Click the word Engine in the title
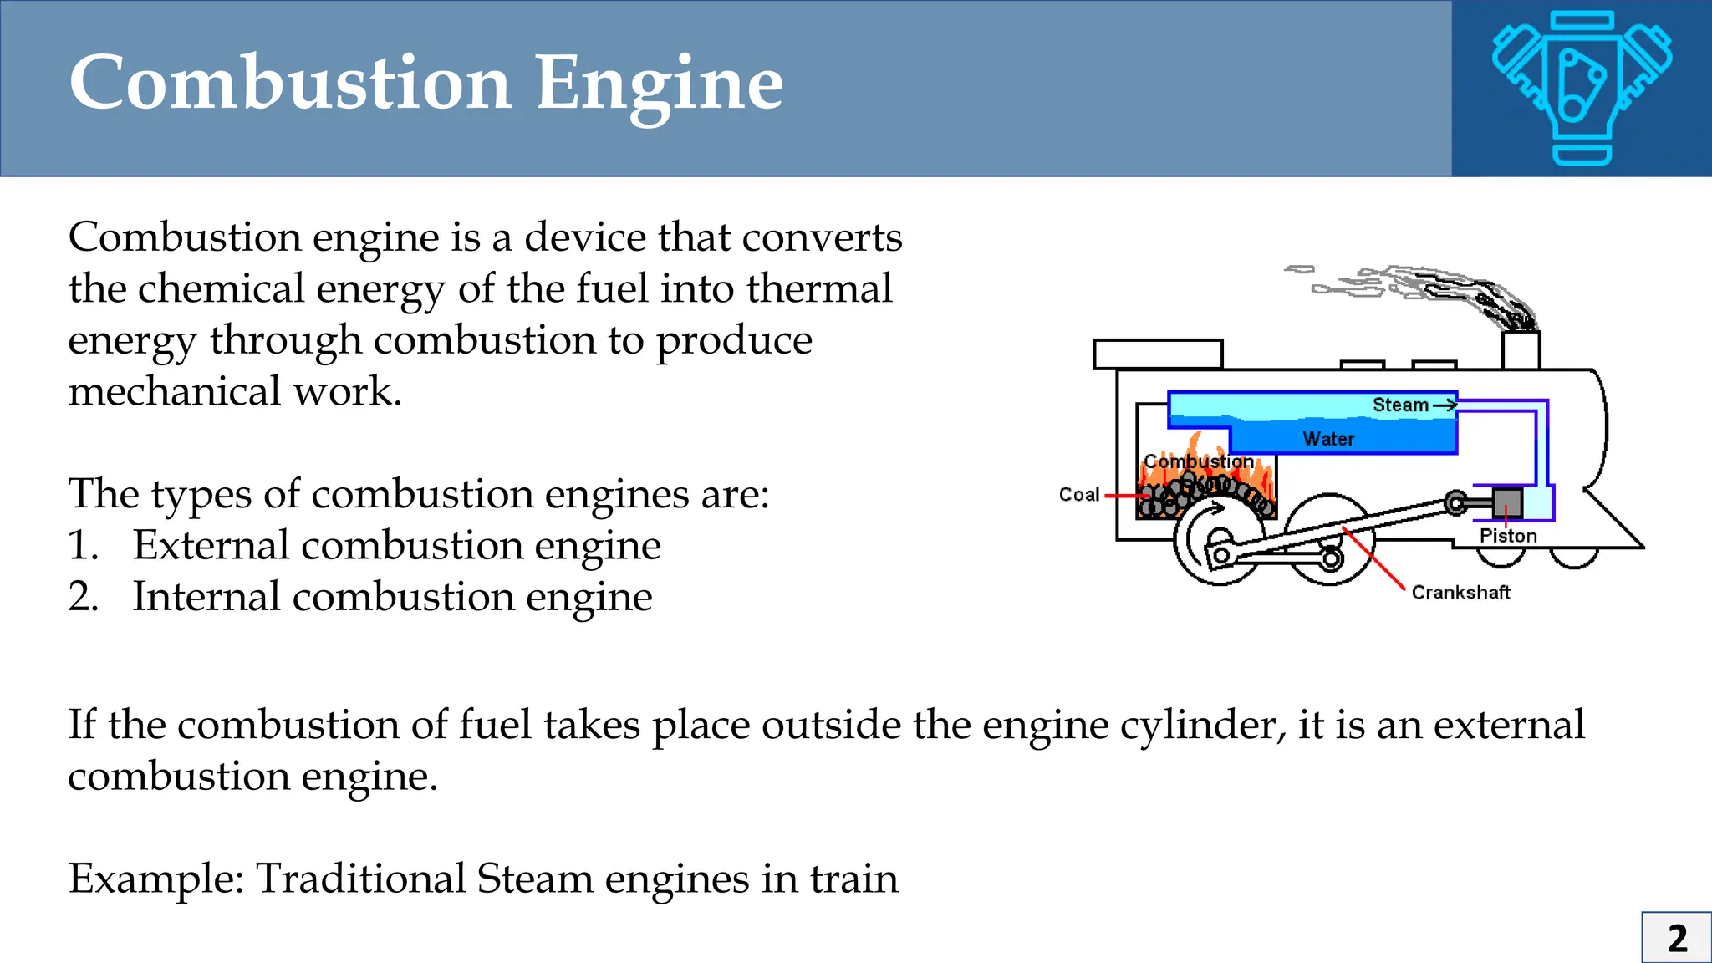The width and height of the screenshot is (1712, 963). coord(659,85)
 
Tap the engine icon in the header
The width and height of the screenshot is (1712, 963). coord(1582,87)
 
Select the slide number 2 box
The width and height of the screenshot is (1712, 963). coord(1676,938)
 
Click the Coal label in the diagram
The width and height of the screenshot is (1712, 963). coord(1078,495)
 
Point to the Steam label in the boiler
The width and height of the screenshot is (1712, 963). coord(1400,405)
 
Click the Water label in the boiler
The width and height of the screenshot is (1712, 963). coord(1328,439)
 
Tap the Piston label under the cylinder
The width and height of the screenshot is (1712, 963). coord(1508,536)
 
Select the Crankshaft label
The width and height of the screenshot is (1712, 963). coord(1460,593)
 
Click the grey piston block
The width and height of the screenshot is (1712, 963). coord(1507,503)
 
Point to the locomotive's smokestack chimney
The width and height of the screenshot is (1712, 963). coord(1521,350)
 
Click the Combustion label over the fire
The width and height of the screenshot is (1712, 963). coord(1198,461)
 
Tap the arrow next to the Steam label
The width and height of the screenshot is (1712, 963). coord(1444,405)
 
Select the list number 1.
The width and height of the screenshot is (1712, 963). coord(83,546)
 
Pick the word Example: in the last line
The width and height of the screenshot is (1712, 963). coord(155,879)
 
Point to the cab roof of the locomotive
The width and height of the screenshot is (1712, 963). coord(1158,354)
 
